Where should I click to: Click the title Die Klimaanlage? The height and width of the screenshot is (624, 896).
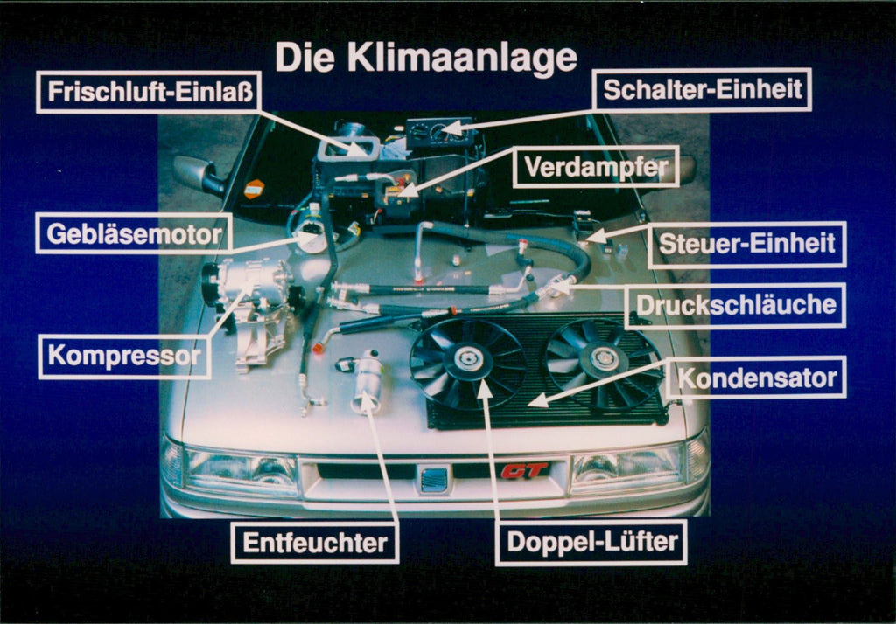[x=426, y=58]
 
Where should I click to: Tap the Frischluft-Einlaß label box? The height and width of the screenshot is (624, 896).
[x=149, y=92]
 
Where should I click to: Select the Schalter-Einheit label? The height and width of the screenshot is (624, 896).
[x=703, y=90]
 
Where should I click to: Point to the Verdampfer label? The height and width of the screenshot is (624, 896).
[x=596, y=167]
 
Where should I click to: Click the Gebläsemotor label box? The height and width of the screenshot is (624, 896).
[x=134, y=233]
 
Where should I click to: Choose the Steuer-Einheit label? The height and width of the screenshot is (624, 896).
[x=747, y=245]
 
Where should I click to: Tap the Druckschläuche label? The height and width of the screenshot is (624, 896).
[x=735, y=305]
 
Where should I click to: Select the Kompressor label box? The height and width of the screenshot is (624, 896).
[x=124, y=356]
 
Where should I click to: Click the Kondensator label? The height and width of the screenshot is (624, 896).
[x=757, y=378]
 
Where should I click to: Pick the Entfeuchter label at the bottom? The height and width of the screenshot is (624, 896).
[x=315, y=543]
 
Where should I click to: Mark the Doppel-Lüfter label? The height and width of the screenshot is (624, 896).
[x=591, y=542]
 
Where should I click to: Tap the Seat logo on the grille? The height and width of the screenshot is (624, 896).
[x=434, y=480]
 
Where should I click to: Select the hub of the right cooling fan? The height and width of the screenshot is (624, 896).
[x=603, y=358]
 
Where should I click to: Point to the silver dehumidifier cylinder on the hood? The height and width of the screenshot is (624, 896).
[x=367, y=381]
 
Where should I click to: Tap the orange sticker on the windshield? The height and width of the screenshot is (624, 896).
[x=255, y=189]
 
